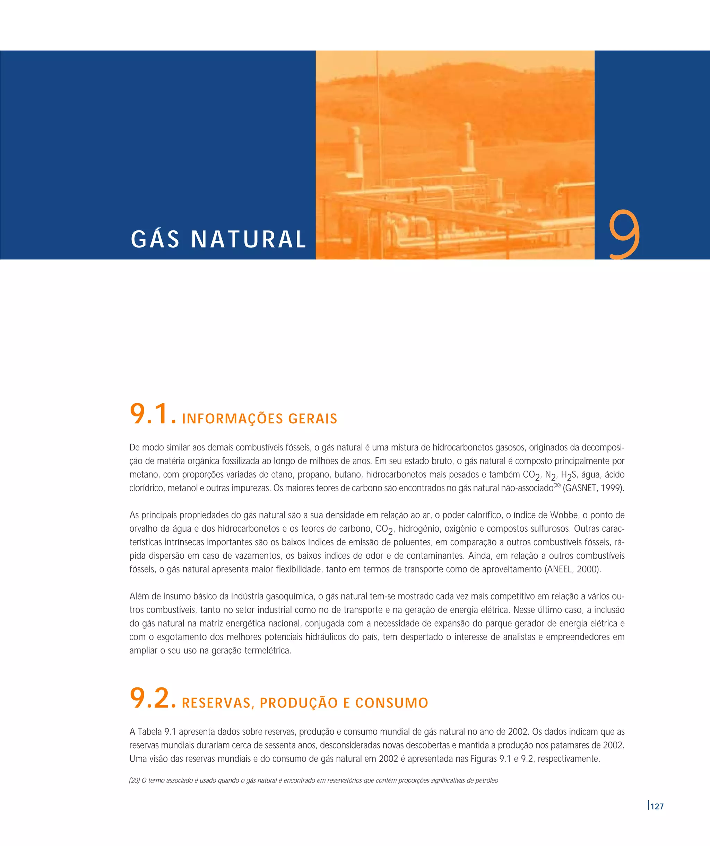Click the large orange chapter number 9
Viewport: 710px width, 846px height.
tap(624, 234)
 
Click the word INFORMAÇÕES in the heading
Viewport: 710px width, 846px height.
tap(232, 419)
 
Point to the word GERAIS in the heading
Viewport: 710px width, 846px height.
tap(313, 419)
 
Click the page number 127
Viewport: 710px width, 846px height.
tap(657, 806)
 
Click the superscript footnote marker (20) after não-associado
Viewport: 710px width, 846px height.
tap(557, 485)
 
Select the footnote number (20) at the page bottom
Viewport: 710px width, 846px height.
tap(135, 780)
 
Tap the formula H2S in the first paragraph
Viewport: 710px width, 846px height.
tap(568, 475)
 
